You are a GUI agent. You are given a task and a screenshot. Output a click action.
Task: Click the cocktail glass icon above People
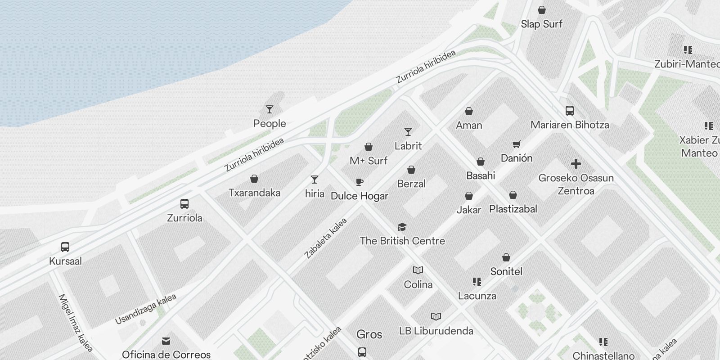coord(270,109)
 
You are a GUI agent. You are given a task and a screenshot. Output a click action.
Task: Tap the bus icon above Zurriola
coord(184,204)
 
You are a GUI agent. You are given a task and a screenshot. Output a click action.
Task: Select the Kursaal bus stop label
coord(65,261)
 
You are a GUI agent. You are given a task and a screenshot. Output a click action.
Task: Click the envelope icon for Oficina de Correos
coord(166,341)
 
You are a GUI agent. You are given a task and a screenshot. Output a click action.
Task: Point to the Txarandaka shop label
coord(254,193)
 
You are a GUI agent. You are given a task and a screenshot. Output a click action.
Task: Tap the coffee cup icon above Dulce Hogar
coord(359,182)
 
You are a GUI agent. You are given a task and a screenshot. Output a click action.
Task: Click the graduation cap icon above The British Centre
coord(402,227)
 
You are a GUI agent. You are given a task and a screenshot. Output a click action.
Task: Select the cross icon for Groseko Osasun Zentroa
coord(576,164)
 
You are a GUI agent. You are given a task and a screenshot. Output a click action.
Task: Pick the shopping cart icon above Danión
coord(516,144)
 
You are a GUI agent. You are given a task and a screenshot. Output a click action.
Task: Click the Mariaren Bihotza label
coord(570,125)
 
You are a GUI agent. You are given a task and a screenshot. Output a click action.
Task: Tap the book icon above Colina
coord(418,270)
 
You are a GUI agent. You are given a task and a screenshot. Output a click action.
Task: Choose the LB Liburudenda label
coord(436,331)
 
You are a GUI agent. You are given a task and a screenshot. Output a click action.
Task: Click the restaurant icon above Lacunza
coord(477,282)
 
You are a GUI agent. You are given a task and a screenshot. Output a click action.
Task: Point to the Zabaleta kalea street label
coord(326,238)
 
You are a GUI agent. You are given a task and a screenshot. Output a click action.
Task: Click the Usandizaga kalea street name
coord(145,309)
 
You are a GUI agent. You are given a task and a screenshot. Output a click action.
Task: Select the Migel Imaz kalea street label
coord(75,323)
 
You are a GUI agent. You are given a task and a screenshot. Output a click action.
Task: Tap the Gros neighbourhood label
coord(369,334)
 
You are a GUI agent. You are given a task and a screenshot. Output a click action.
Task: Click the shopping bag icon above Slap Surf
coord(542,10)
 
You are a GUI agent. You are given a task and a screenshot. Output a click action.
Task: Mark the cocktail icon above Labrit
coord(408,132)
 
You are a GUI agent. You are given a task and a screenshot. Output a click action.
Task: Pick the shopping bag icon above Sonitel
coord(506,258)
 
